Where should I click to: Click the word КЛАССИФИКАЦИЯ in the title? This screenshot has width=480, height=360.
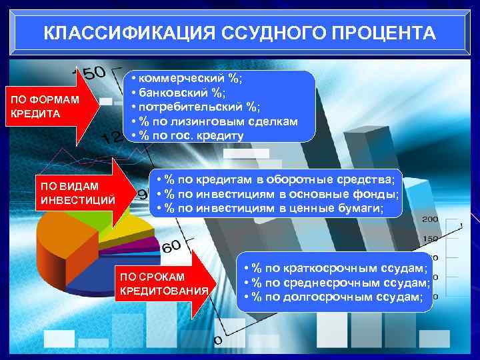pos(118,33)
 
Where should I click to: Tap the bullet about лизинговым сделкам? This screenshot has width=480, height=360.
pos(214,121)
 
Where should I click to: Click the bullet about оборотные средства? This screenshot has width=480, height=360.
pos(275,180)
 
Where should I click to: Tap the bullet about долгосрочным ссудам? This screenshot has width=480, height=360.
pos(333,297)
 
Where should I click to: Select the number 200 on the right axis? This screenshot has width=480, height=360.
pos(430,219)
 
